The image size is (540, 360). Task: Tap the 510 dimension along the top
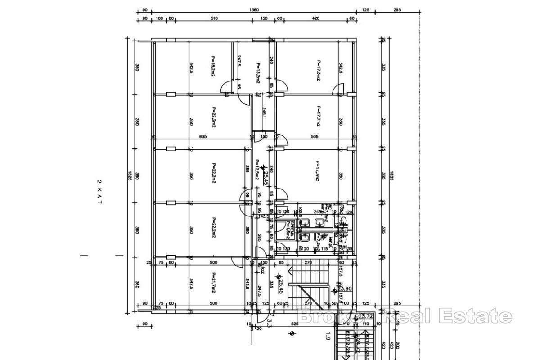[214, 18]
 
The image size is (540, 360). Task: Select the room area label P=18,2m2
[212, 66]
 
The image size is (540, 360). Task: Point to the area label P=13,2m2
[258, 73]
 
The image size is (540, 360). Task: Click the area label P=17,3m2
[318, 70]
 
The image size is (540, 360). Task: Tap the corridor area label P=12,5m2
[257, 170]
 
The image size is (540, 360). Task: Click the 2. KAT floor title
[99, 192]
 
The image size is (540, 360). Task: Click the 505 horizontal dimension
[315, 137]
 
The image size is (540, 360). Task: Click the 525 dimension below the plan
[295, 324]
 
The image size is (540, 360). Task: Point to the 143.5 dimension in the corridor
[265, 216]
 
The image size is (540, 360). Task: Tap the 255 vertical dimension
[247, 169]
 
